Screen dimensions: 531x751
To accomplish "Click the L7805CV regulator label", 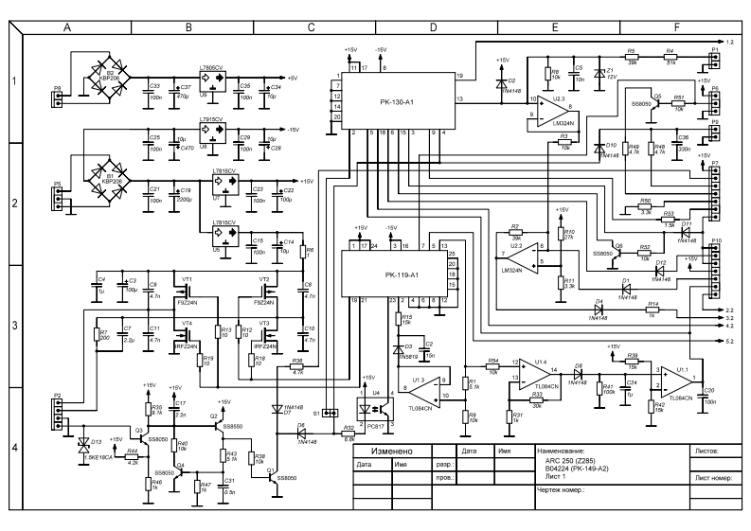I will click(x=213, y=67).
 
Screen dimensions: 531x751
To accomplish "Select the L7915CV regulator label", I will click(x=213, y=120).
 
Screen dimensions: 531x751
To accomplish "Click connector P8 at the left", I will click(x=58, y=94).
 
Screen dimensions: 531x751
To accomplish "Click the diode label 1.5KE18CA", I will click(x=98, y=457).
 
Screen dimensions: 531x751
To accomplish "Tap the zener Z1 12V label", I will click(x=610, y=73).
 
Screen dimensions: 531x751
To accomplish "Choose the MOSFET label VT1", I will click(x=187, y=279).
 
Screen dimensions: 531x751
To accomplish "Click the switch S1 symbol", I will click(x=331, y=414).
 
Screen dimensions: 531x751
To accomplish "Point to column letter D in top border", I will click(x=432, y=28).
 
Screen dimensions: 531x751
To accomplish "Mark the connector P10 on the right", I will click(x=718, y=240).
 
